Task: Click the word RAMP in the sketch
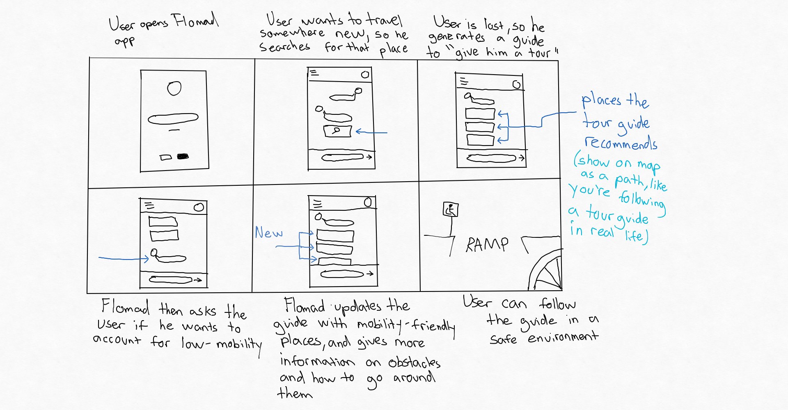pos(487,245)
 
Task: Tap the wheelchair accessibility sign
pos(450,210)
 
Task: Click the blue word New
pos(269,233)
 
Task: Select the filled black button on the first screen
pos(183,157)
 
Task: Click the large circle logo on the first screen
pos(174,88)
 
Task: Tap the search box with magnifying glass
pos(338,131)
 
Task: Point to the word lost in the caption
pos(493,25)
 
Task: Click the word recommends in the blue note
pos(621,143)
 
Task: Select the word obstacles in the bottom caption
pos(414,362)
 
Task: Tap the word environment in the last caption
pos(563,337)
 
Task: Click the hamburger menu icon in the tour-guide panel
pos(464,82)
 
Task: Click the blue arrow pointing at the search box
pos(371,132)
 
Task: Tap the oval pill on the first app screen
pos(173,119)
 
